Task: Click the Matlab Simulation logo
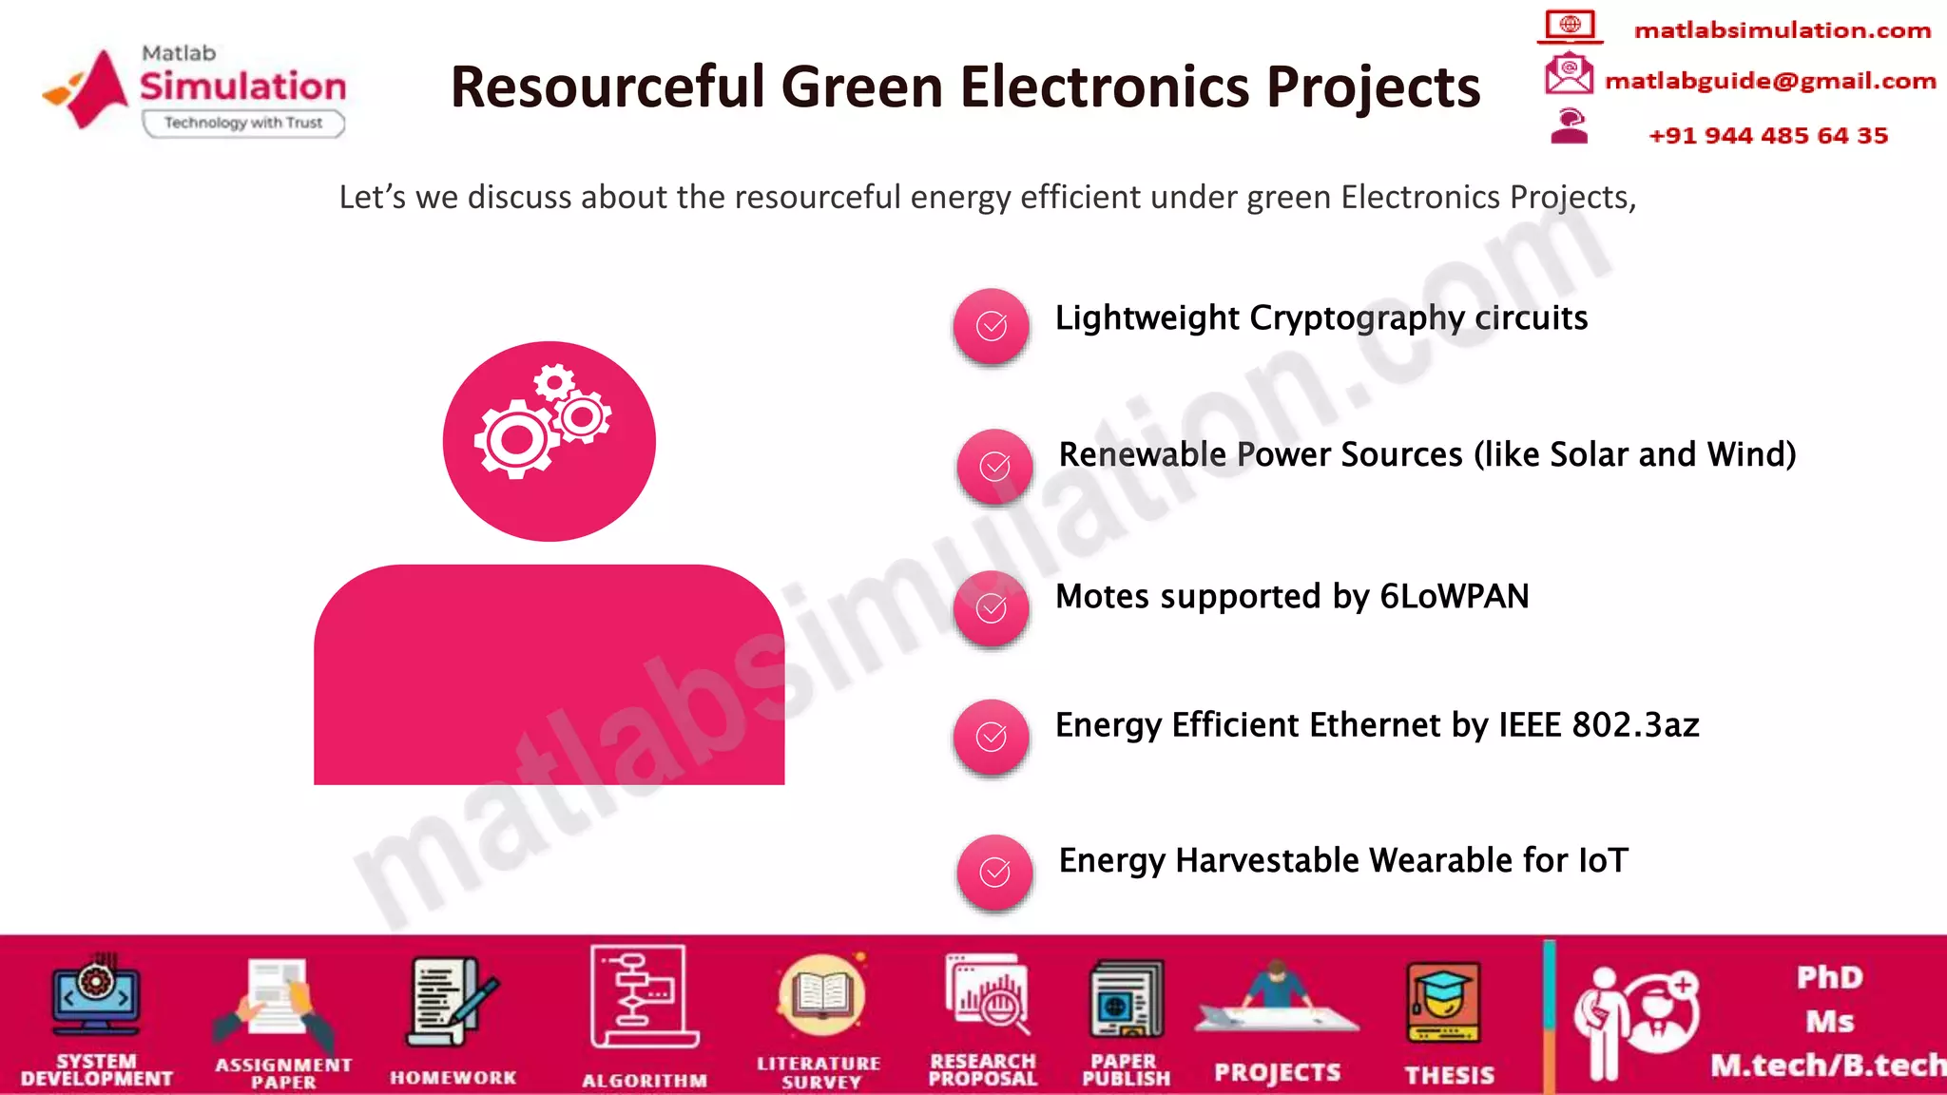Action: pyautogui.click(x=195, y=90)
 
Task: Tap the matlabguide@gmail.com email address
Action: pyautogui.click(x=1769, y=82)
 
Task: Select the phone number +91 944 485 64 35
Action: pyautogui.click(x=1767, y=136)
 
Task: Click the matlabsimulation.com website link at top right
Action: pyautogui.click(x=1782, y=30)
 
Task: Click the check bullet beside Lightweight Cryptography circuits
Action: pyautogui.click(x=991, y=326)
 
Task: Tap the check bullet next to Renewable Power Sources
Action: pyautogui.click(x=994, y=466)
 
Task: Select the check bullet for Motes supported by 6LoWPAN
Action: pyautogui.click(x=991, y=608)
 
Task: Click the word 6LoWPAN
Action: pyautogui.click(x=1454, y=597)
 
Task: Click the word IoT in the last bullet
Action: pyautogui.click(x=1603, y=861)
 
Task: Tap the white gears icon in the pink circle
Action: pyautogui.click(x=544, y=421)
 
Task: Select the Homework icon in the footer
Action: pyautogui.click(x=452, y=1003)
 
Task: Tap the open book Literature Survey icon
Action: pyautogui.click(x=820, y=996)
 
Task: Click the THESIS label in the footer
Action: pyautogui.click(x=1449, y=1075)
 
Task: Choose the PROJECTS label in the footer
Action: pyautogui.click(x=1277, y=1073)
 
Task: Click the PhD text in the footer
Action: pyautogui.click(x=1829, y=977)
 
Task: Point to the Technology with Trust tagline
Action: pyautogui.click(x=243, y=123)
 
